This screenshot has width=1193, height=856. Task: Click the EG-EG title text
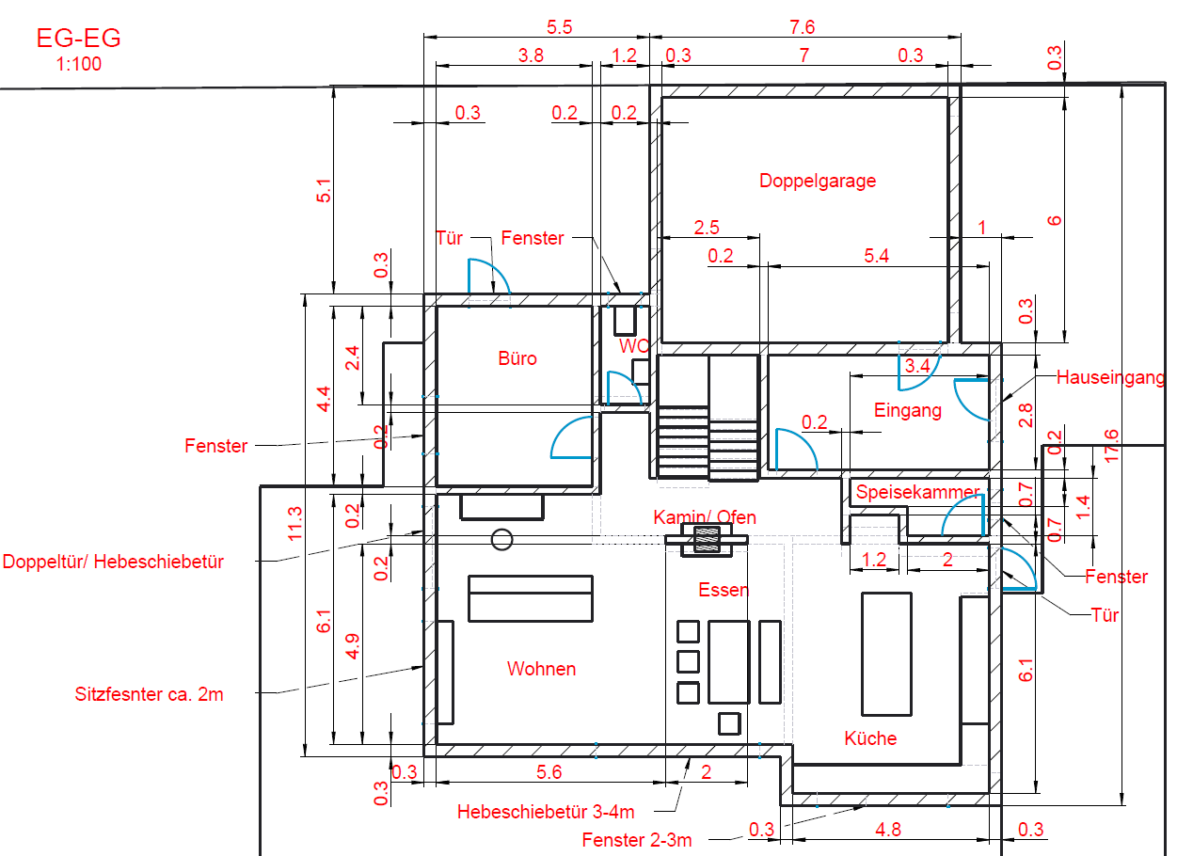(78, 39)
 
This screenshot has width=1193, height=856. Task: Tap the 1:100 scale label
(78, 64)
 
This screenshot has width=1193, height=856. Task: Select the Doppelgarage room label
(818, 181)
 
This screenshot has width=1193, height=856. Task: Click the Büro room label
(517, 358)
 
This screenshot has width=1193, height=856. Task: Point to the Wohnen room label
(541, 669)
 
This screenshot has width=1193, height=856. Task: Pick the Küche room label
(870, 738)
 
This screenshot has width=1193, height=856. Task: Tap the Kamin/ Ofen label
(705, 517)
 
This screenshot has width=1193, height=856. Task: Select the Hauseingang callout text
(1110, 378)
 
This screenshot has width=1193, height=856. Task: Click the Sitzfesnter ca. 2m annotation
(149, 695)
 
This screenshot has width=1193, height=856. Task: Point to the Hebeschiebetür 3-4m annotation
(546, 811)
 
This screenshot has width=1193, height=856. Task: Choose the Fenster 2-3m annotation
(636, 840)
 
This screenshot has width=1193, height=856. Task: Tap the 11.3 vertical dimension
(295, 523)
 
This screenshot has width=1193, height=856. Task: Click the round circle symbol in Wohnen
(501, 539)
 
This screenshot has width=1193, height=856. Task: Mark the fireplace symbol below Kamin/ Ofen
(706, 540)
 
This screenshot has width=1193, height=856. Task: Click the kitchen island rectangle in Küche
(886, 655)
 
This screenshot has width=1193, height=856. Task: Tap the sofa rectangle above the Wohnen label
(531, 598)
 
